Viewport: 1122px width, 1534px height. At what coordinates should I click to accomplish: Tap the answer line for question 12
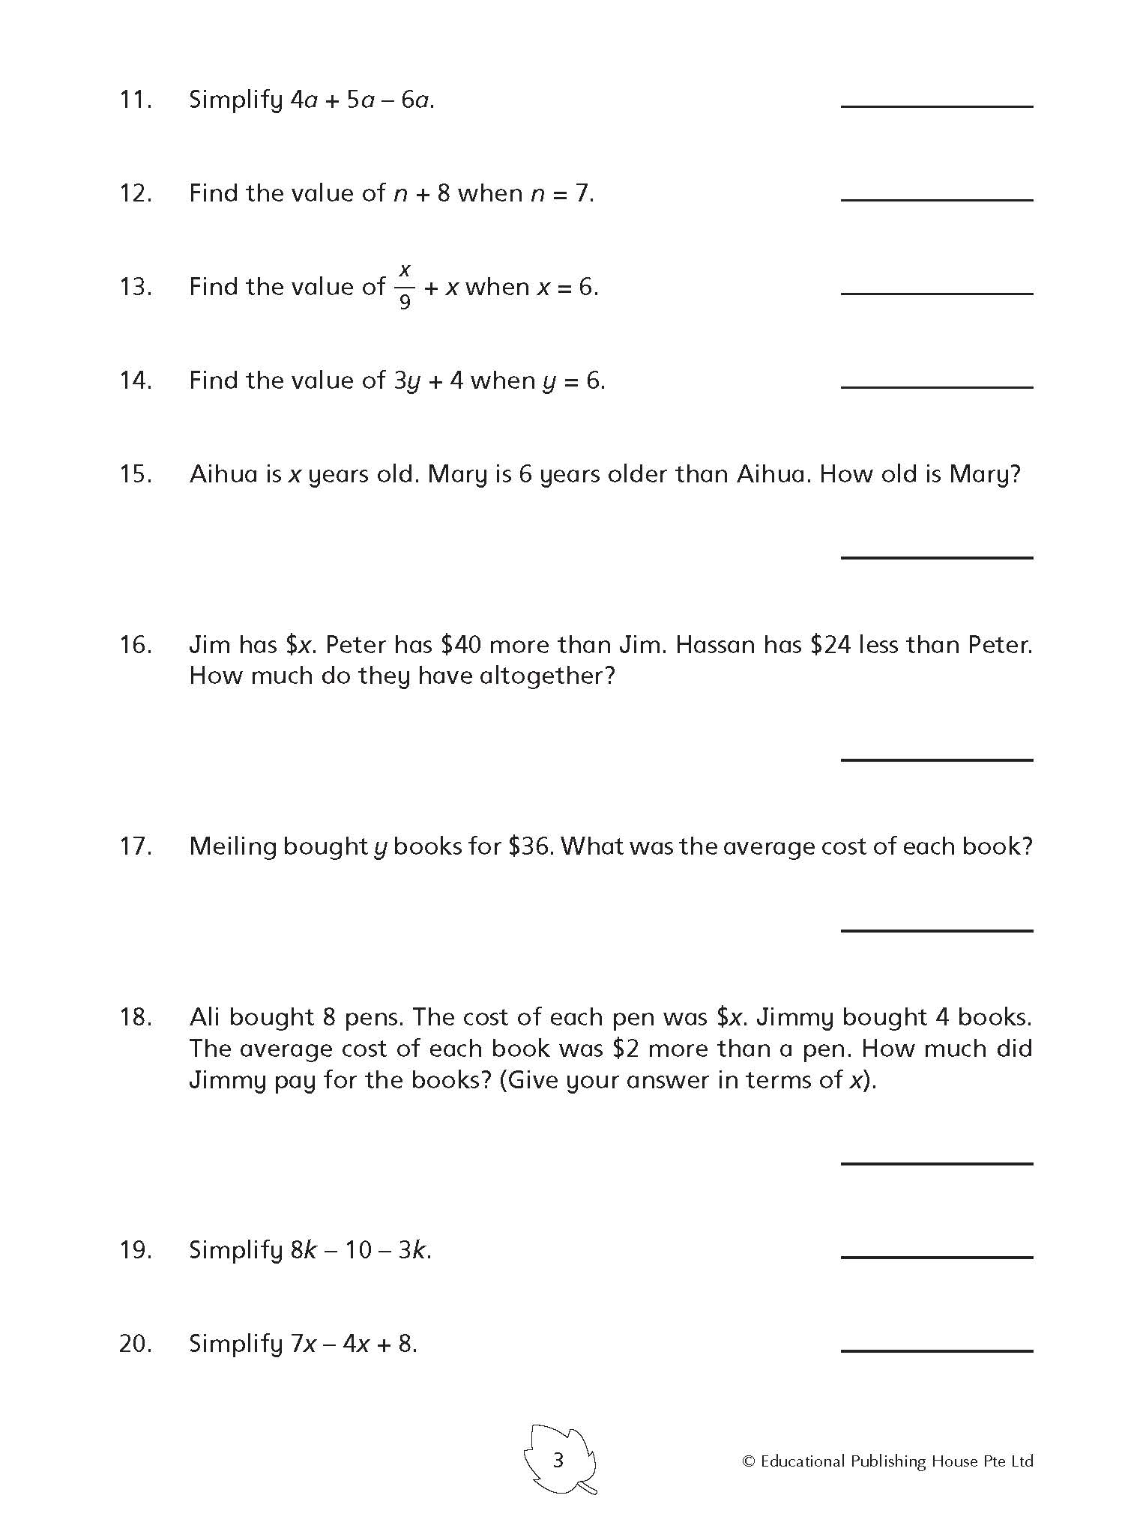(x=937, y=199)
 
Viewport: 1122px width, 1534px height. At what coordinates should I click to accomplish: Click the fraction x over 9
(x=405, y=286)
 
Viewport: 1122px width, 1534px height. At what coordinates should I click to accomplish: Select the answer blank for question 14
(x=937, y=386)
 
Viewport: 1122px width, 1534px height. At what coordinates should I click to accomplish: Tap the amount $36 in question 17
(x=530, y=846)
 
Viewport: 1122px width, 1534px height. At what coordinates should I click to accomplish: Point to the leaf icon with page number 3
(x=559, y=1461)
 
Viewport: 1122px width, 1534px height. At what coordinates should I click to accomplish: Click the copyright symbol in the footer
(x=748, y=1461)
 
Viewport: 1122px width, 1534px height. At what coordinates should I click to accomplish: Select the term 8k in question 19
(x=304, y=1250)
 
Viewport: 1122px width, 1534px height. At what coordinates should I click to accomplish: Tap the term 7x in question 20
(x=303, y=1344)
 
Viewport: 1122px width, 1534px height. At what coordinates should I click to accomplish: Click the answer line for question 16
(x=937, y=759)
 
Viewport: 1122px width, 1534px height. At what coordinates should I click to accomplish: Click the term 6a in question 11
(x=415, y=100)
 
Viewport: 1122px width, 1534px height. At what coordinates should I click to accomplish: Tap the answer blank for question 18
(x=937, y=1162)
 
